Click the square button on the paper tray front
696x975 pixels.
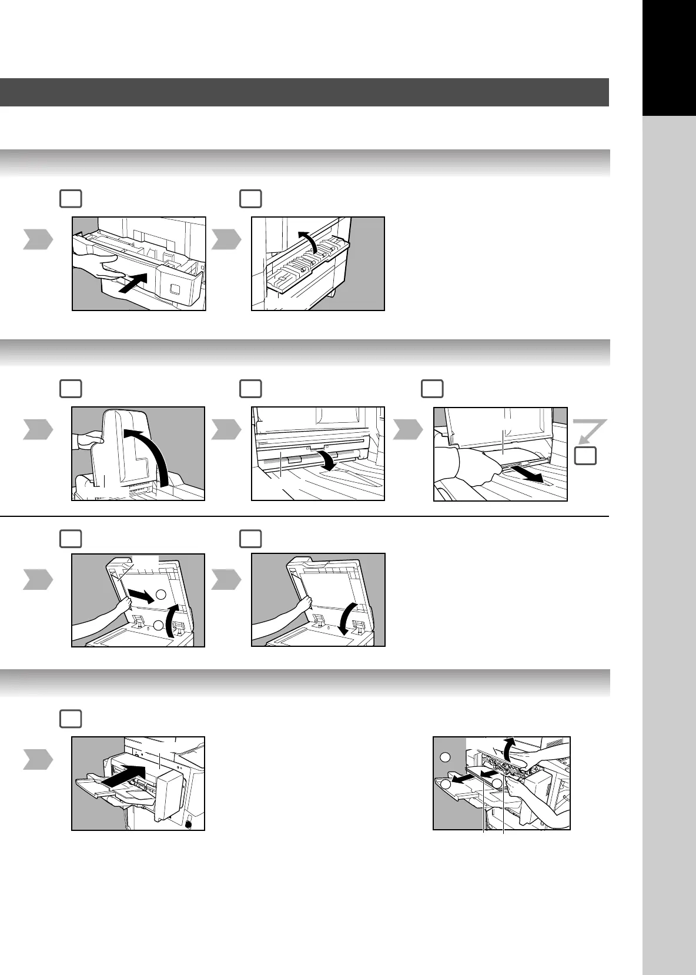(x=174, y=289)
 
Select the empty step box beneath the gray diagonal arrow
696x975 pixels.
(x=585, y=456)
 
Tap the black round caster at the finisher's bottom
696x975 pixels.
(x=188, y=824)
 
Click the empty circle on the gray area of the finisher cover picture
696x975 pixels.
(x=446, y=757)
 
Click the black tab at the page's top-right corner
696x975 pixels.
(x=669, y=57)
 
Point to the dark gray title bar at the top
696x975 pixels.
(x=304, y=92)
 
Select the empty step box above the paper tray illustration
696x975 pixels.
(x=71, y=199)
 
